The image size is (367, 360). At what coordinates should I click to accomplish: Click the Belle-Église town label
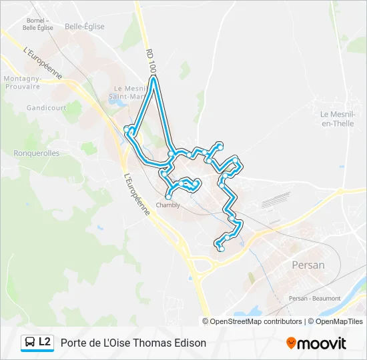click(x=85, y=27)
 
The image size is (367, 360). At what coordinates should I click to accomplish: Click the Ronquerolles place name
click(x=37, y=153)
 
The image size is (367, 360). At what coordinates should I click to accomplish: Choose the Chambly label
click(x=167, y=205)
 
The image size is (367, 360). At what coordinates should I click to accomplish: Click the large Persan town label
click(x=308, y=265)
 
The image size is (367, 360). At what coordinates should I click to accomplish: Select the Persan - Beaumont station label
click(x=314, y=298)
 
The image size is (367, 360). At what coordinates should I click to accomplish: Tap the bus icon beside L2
click(x=30, y=343)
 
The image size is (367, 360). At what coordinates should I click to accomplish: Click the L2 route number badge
click(x=45, y=342)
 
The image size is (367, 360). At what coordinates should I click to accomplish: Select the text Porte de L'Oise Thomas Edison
click(x=133, y=343)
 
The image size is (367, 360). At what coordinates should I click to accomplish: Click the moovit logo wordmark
click(x=322, y=343)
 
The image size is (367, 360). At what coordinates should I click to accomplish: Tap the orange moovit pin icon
click(x=291, y=343)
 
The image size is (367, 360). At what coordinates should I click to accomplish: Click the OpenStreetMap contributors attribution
click(x=256, y=321)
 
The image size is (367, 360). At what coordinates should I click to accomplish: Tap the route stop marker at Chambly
click(x=168, y=197)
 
